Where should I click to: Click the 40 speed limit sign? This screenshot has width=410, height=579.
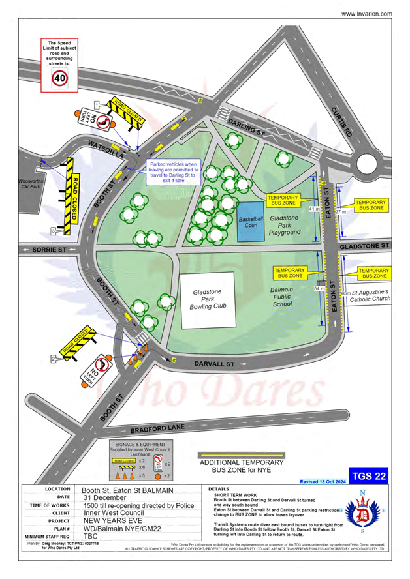pos(61,78)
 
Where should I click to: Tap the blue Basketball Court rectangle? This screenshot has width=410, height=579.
pos(251,220)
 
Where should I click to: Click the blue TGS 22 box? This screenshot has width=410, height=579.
pos(368,475)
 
